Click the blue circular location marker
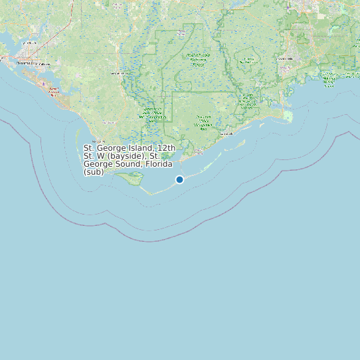click(x=179, y=179)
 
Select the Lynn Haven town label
click(x=30, y=44)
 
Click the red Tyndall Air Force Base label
click(x=54, y=90)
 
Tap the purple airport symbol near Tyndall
click(x=45, y=84)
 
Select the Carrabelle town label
click(x=226, y=134)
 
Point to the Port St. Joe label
click(x=98, y=141)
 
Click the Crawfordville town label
click(x=285, y=58)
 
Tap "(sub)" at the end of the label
click(x=94, y=171)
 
